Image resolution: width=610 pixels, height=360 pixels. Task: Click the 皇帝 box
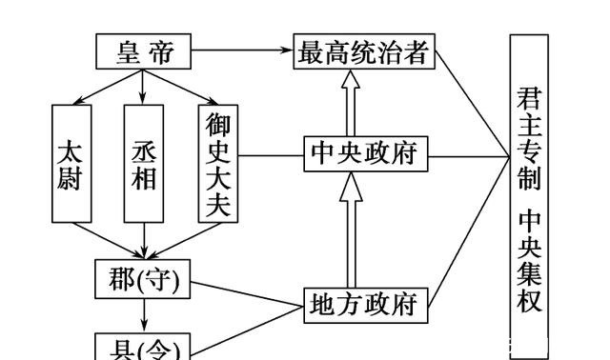pos(143,51)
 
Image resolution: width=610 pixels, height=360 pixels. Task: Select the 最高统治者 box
pos(363,51)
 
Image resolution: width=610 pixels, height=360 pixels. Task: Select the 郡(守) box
pos(144,278)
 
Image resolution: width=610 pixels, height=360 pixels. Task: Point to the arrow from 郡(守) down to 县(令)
pos(144,313)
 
